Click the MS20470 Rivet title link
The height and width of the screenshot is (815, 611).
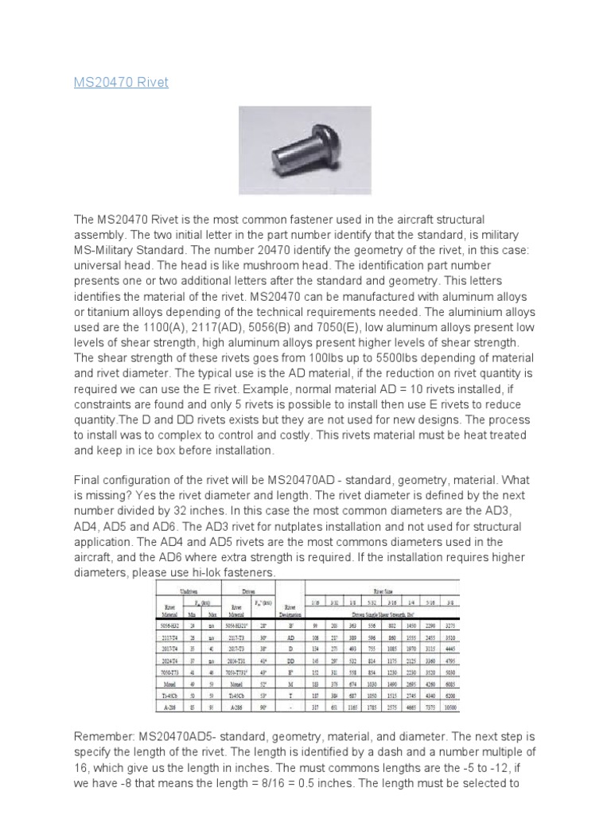[121, 83]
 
